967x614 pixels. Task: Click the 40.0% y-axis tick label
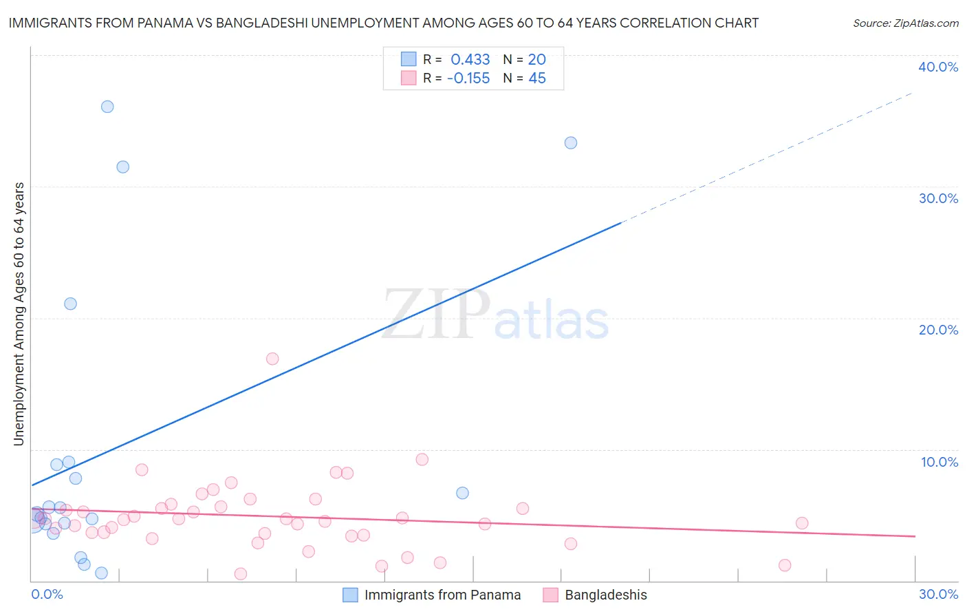click(938, 67)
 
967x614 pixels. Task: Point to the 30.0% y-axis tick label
click(938, 198)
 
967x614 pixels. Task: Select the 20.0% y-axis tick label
click(938, 330)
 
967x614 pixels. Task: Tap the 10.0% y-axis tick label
click(939, 462)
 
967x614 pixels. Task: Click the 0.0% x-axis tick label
click(47, 594)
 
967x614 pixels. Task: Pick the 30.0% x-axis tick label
click(938, 594)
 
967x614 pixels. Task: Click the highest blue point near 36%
click(107, 107)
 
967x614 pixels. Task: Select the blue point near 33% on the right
click(571, 143)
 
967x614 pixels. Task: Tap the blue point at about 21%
click(70, 304)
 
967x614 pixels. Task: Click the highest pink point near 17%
click(272, 359)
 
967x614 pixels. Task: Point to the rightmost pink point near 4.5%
click(802, 523)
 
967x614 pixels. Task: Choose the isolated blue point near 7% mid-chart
click(462, 493)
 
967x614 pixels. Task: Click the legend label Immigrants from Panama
click(442, 595)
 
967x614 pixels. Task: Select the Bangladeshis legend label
click(606, 595)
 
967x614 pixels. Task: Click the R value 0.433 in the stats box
click(470, 60)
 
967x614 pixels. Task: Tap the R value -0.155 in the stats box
click(468, 78)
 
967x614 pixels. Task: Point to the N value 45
click(537, 78)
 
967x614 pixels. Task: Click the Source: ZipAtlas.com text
click(905, 23)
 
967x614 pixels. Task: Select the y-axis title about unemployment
click(19, 314)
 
